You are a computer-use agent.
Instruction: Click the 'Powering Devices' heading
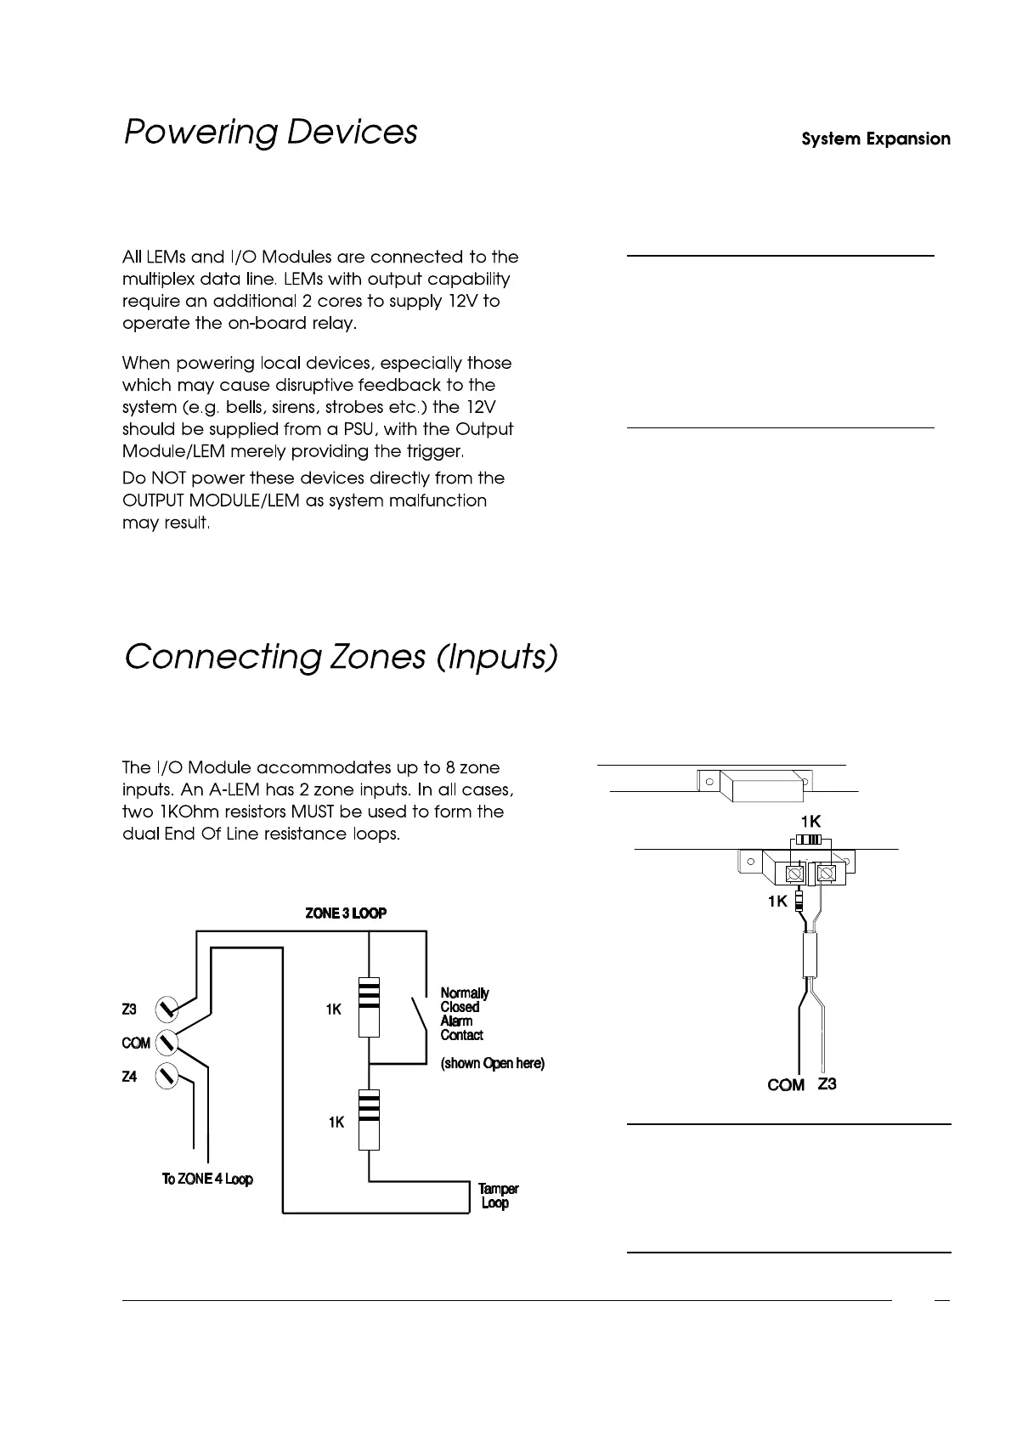pos(270,133)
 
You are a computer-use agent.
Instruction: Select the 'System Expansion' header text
pos(876,139)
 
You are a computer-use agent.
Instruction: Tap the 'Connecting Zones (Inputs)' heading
pos(341,658)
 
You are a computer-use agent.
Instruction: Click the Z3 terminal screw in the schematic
pos(167,1010)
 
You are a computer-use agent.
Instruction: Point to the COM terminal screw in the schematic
pos(167,1042)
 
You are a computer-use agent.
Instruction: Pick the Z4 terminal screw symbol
pos(167,1076)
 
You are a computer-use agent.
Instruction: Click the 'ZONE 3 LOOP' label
pos(346,913)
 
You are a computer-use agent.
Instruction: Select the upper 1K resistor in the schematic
pos(369,1008)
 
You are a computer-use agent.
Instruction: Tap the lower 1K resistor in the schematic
pos(369,1120)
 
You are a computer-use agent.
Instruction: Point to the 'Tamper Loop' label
pos(497,1196)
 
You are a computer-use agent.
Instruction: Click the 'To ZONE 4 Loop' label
pos(207,1179)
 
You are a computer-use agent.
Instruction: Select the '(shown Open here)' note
pos(492,1063)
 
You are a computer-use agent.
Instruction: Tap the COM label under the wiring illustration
pos(786,1085)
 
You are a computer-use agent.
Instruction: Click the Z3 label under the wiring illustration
pos(827,1083)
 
